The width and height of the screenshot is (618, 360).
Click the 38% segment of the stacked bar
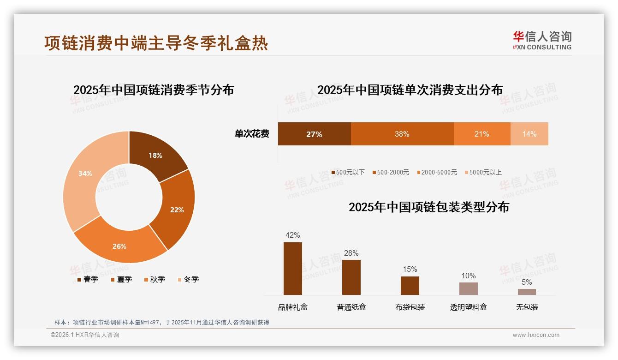(402, 134)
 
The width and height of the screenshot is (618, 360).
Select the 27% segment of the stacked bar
(314, 134)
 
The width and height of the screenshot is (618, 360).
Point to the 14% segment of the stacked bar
(529, 134)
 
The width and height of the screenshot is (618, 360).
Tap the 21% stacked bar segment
(481, 134)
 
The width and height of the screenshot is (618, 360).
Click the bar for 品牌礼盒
(292, 269)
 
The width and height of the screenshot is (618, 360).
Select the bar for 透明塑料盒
(468, 288)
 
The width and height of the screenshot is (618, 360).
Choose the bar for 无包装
(527, 292)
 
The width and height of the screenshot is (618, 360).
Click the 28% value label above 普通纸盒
(351, 253)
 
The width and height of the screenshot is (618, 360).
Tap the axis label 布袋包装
(410, 307)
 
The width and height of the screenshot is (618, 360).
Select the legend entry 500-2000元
(392, 172)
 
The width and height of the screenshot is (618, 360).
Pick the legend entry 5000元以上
(485, 172)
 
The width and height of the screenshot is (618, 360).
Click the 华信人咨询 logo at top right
(542, 40)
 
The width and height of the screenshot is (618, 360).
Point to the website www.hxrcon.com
(536, 335)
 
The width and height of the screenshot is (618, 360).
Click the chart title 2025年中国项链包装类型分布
(428, 207)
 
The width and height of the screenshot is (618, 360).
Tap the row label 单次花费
(252, 134)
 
